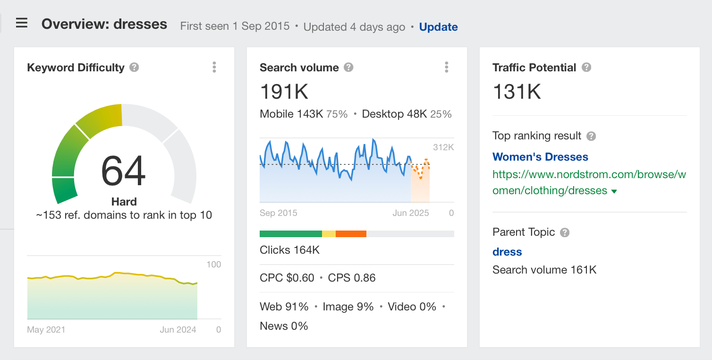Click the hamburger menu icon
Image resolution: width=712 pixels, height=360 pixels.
pos(22,23)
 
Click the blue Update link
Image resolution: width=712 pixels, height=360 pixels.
pos(438,27)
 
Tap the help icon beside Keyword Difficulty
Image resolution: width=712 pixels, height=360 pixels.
pos(134,68)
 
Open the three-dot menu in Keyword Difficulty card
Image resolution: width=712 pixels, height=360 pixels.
pos(214,67)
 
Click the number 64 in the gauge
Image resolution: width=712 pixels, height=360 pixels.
pos(124,171)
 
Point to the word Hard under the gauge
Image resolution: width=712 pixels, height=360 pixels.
pos(124,202)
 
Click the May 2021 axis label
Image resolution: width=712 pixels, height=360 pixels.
pos(46,330)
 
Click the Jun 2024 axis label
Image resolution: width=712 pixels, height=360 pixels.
pos(178,330)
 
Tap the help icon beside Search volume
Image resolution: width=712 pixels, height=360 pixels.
pos(348,68)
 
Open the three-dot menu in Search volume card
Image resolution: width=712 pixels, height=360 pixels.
pos(447,67)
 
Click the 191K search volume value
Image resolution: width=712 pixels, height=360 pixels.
pos(284,91)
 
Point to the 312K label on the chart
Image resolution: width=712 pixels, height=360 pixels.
pos(443,147)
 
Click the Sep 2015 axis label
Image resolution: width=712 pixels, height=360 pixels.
pos(279,213)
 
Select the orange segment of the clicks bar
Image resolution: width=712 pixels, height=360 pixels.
pos(351,234)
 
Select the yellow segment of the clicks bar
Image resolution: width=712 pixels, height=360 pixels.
pos(329,234)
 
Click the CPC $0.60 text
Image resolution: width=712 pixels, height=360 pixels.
pos(287,278)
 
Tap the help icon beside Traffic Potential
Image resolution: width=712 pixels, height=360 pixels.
pos(586,68)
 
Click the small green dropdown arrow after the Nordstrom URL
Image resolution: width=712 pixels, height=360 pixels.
pos(614,191)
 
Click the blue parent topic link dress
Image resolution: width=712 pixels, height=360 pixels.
pos(507,252)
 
